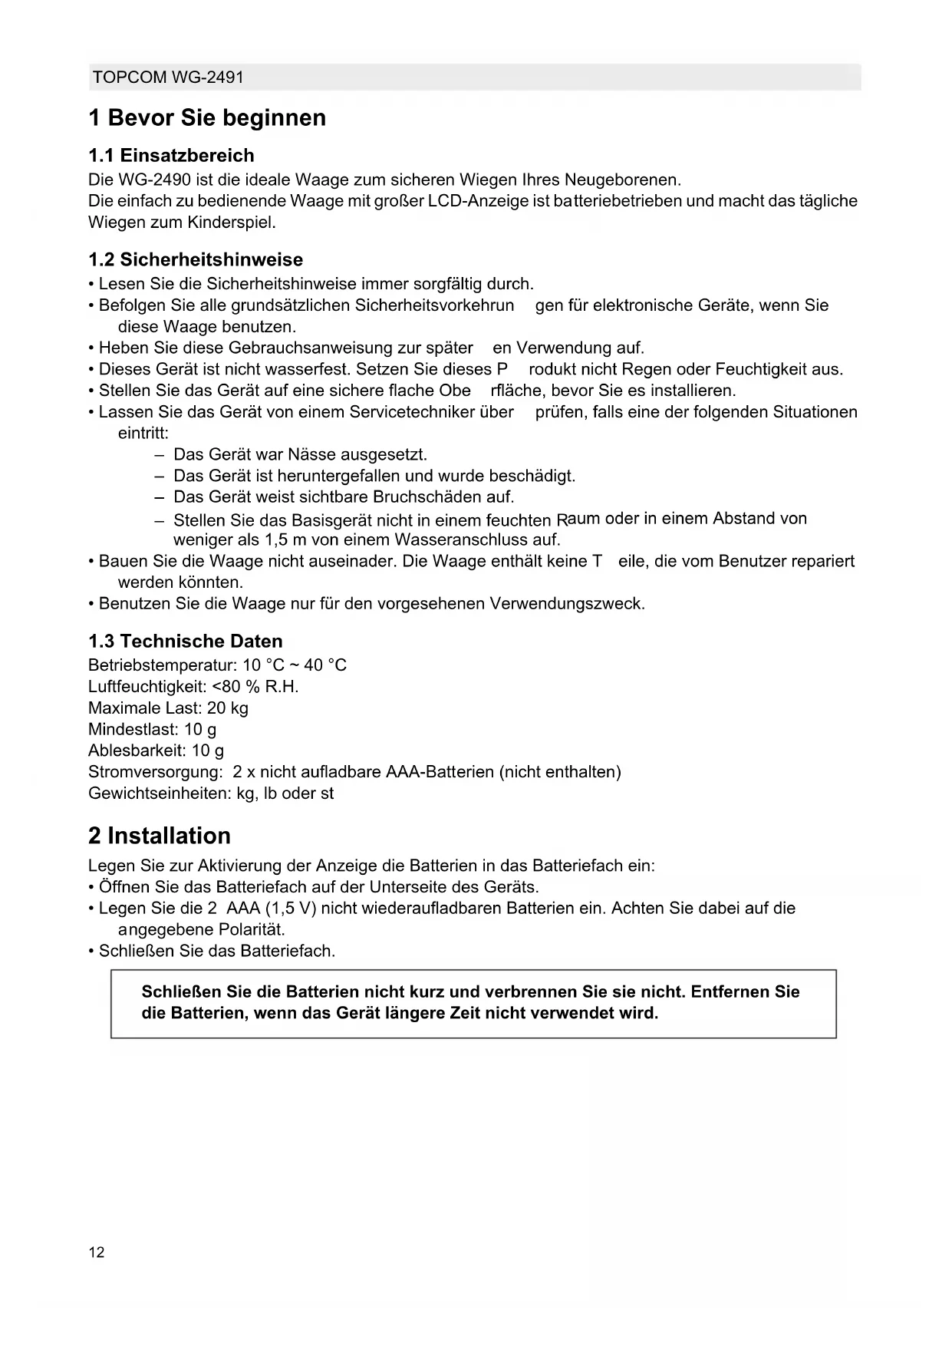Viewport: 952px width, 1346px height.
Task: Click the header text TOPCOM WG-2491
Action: tap(168, 78)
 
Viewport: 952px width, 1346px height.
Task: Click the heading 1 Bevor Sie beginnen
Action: tap(207, 118)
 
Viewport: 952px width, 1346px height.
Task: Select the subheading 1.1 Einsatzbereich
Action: tap(171, 156)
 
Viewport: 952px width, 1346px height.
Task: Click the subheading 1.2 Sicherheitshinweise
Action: tap(196, 259)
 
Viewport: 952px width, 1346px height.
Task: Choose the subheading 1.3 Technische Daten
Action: tap(186, 642)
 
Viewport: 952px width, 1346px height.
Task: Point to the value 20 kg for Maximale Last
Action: tap(228, 708)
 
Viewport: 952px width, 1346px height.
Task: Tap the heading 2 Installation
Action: tap(160, 836)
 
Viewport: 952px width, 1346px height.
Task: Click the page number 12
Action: tap(97, 1253)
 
